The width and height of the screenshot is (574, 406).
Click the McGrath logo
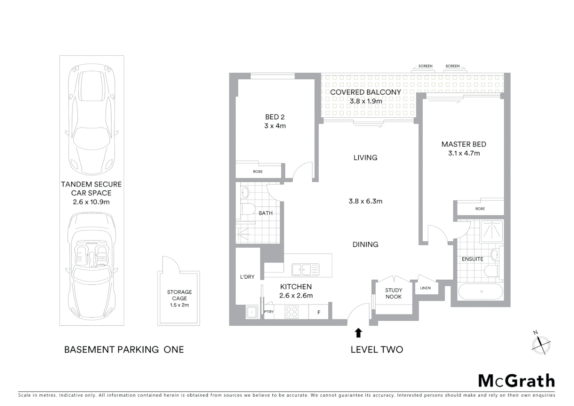(517, 381)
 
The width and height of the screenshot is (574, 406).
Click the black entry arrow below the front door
(358, 333)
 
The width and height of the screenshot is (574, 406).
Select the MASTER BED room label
(464, 144)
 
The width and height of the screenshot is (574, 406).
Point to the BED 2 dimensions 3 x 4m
(275, 126)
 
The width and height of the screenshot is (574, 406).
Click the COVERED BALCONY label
(365, 92)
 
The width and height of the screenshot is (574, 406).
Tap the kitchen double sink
(305, 270)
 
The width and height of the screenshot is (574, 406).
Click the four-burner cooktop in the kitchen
(292, 312)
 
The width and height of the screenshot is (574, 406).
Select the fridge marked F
(319, 312)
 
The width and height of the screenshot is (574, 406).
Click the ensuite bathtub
(481, 291)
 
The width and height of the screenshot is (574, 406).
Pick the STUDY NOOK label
(393, 293)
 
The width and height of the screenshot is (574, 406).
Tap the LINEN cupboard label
(425, 288)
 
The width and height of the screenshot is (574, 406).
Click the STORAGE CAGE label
(179, 295)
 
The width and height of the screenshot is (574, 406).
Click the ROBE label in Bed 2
(258, 171)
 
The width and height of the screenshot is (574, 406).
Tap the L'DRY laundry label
(247, 277)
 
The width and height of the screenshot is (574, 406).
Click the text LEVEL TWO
(376, 350)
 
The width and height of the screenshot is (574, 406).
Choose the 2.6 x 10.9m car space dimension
(91, 202)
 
